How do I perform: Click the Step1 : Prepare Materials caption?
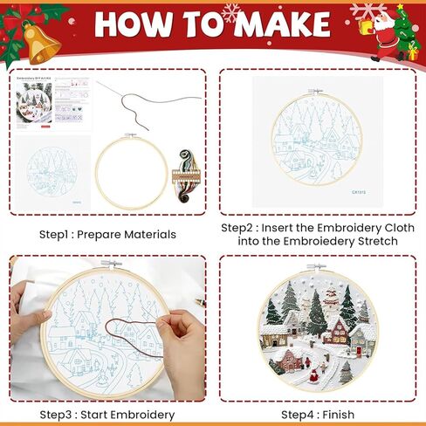tap(107, 234)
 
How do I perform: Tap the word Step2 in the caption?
tap(237, 228)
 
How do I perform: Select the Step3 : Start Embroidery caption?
tap(107, 414)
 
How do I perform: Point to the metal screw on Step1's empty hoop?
tap(132, 135)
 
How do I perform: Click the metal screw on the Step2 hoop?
tap(315, 91)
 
